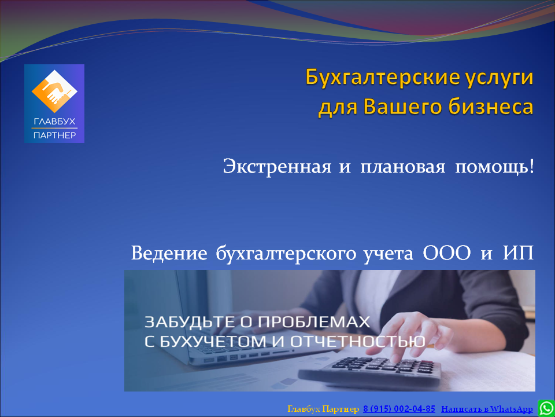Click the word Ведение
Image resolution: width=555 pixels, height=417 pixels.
pos(169,254)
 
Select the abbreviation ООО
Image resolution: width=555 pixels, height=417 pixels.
pos(447,254)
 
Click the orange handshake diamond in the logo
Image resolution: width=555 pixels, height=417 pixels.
pos(54,92)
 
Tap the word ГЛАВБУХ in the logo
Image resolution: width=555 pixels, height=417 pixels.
pos(54,122)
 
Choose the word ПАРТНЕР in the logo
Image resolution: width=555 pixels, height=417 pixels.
pos(54,135)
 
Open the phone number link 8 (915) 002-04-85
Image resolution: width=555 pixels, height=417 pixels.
pos(399,409)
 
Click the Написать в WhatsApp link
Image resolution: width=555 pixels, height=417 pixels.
pos(487,409)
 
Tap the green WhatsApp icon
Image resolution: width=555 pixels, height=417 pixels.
pos(546,408)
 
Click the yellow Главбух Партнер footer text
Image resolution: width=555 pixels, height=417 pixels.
pos(323,409)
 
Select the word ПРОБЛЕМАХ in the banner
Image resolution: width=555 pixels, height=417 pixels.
pos(313,322)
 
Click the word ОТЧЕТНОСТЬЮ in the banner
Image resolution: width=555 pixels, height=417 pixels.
pos(358,341)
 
